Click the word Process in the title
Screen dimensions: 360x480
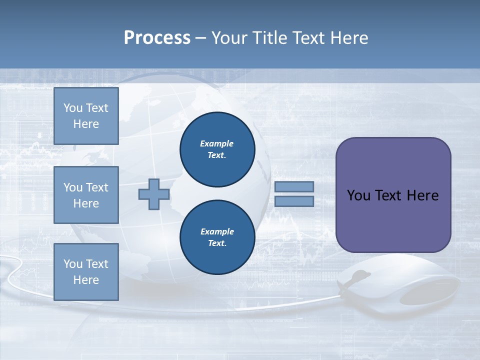157,38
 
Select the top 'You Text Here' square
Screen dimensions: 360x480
86,116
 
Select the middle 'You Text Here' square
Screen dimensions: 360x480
86,195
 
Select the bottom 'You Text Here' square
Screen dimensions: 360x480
86,271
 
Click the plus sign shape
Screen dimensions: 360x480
154,194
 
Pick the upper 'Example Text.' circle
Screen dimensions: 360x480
217,149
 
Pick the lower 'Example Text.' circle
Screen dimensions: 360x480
217,237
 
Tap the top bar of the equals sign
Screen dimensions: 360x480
294,186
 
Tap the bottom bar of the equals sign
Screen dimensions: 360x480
294,201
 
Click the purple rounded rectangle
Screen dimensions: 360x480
393,195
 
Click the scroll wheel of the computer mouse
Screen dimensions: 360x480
360,275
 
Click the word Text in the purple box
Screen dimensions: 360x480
388,195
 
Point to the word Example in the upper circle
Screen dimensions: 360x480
217,143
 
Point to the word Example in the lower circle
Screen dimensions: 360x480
217,231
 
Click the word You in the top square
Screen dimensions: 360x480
72,108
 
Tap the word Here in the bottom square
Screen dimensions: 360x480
86,280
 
